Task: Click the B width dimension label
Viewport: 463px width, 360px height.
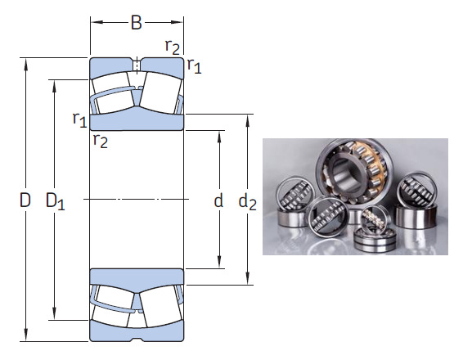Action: (x=137, y=22)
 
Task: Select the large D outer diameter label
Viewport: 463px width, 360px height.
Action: (x=25, y=200)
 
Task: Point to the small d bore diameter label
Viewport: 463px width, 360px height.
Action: (x=218, y=200)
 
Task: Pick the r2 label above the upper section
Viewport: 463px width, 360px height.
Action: (x=173, y=47)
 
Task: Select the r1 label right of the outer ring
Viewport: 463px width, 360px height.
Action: (x=194, y=66)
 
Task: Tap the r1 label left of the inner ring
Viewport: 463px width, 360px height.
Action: (x=79, y=120)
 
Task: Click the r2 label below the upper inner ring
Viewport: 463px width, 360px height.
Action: (x=100, y=141)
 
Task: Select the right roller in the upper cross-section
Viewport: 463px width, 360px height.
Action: (x=160, y=92)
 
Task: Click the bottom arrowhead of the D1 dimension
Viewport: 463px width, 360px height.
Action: (x=56, y=315)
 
